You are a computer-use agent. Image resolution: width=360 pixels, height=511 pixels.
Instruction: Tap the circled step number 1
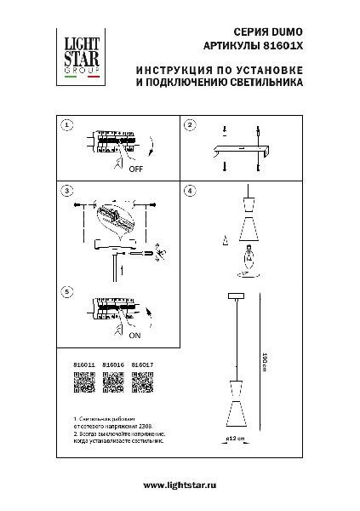(x=66, y=125)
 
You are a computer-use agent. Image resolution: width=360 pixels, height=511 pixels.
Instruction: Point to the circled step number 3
(x=66, y=190)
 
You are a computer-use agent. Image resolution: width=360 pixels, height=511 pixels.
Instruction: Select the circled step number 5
(x=66, y=292)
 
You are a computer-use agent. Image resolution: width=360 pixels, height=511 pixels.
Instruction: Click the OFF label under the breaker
(x=135, y=170)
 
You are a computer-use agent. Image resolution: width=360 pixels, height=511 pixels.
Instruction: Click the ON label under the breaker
(x=134, y=336)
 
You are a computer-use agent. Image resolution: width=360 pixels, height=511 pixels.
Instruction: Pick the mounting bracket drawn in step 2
(x=243, y=152)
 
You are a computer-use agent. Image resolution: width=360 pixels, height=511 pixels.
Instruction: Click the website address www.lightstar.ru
(x=180, y=485)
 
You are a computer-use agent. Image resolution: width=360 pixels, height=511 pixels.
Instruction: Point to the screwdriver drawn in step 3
(x=140, y=253)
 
